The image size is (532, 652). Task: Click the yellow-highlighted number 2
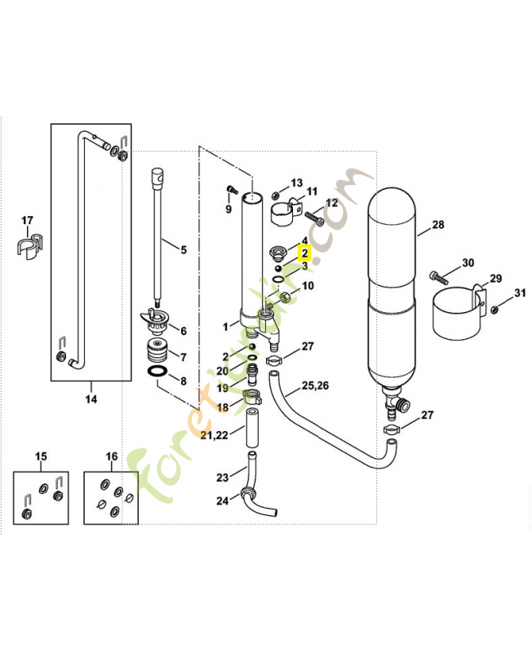304,253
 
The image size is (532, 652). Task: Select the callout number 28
438,225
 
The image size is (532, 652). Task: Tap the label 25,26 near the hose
316,385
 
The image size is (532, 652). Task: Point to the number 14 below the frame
91,399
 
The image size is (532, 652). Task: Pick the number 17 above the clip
27,221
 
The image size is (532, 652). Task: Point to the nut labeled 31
494,308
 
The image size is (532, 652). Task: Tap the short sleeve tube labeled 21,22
252,430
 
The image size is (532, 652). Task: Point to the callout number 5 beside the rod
184,249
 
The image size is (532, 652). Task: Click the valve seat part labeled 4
277,249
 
